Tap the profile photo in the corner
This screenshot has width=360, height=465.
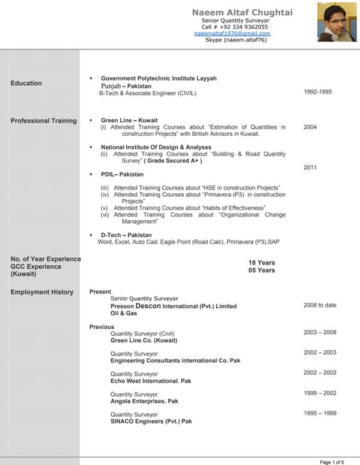tap(337, 22)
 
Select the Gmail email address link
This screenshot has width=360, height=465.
tap(232, 33)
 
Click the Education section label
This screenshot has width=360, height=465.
tap(26, 84)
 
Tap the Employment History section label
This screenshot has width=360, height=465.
tap(41, 292)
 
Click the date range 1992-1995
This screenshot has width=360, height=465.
tap(318, 92)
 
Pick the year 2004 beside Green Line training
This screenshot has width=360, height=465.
tap(310, 127)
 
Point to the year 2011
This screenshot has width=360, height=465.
tap(310, 168)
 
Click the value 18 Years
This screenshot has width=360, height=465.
tap(262, 262)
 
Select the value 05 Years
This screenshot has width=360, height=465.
tap(262, 270)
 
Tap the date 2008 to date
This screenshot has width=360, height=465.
tap(320, 306)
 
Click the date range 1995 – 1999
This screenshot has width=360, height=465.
tap(320, 413)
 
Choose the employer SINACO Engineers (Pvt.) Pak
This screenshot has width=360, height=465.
tap(151, 421)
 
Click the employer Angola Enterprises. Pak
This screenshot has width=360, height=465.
tap(144, 401)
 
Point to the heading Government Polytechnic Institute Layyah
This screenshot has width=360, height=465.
tap(159, 78)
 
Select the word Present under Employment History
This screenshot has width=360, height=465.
tap(100, 291)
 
